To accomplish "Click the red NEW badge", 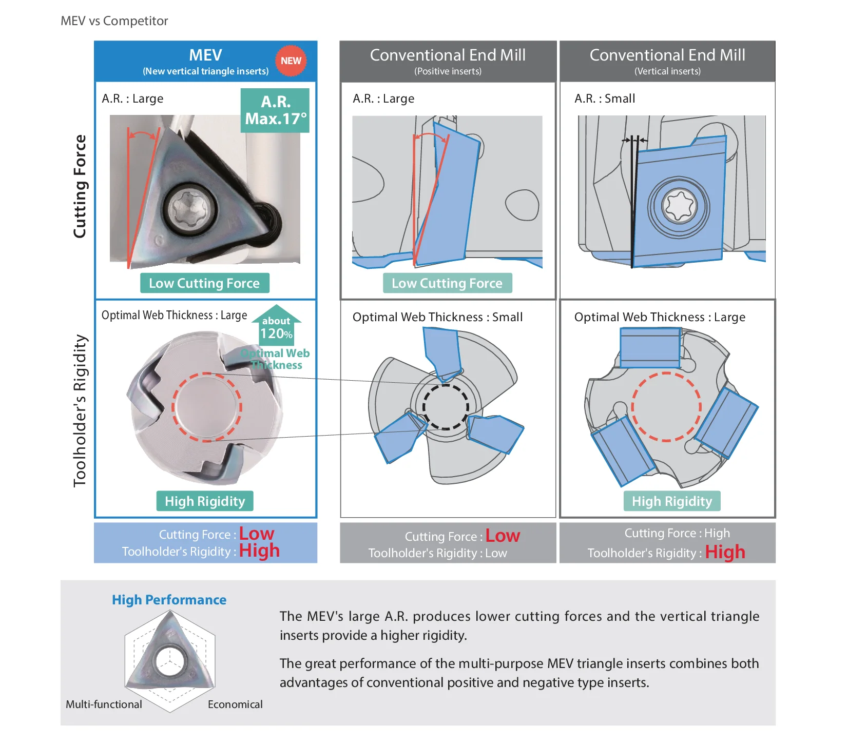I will coord(291,61).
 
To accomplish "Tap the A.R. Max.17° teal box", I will coord(275,110).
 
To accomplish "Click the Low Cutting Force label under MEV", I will coord(204,283).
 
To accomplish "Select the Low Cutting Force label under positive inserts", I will coord(447,283).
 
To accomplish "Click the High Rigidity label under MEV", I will coord(205,501).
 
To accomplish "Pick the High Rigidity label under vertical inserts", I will coord(672,501).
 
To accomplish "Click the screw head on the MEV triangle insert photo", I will coord(187,209).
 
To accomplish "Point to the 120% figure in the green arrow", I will coord(276,333).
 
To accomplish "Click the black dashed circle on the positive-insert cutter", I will coord(446,407).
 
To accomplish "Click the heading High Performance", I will coord(169,600).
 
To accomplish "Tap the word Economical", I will coord(235,704).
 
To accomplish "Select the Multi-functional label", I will coord(104,704).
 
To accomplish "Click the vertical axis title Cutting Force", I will coord(80,186).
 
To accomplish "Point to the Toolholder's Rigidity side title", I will coord(80,410).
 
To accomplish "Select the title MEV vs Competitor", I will coord(114,21).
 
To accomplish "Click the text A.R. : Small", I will coord(605,99).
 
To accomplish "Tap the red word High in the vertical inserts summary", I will coord(725,552).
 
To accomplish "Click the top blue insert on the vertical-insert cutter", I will coord(650,348).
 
